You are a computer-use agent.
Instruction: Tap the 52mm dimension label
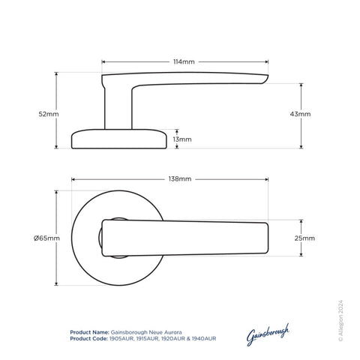tap(47, 113)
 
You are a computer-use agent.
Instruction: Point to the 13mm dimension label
tap(181, 139)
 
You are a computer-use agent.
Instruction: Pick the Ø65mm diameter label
tap(46, 238)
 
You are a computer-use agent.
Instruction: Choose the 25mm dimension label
tap(305, 238)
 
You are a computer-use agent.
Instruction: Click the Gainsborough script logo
tap(267, 334)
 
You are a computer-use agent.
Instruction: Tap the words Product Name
tap(88, 331)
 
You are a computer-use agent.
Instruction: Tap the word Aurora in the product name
tap(170, 331)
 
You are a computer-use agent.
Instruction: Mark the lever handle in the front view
tap(187, 238)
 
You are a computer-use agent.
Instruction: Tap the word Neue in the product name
tap(151, 331)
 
